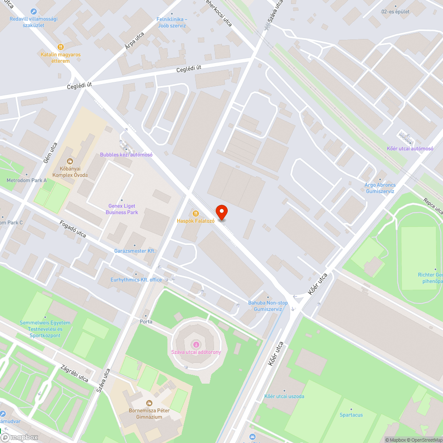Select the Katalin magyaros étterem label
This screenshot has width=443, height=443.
[x=61, y=58]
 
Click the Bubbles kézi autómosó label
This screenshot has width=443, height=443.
[x=126, y=155]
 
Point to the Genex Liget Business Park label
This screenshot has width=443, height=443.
[x=122, y=209]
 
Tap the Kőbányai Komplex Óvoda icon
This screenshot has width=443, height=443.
[x=70, y=161]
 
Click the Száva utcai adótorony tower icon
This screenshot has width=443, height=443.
[x=196, y=344]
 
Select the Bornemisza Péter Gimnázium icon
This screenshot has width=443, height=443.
[x=150, y=403]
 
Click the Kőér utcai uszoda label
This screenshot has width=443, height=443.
[x=284, y=396]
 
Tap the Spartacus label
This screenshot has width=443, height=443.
[x=351, y=415]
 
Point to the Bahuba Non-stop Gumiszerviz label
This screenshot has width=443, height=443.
[x=268, y=306]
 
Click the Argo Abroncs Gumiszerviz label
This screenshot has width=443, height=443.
[x=380, y=188]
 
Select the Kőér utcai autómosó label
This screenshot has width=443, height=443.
[x=410, y=148]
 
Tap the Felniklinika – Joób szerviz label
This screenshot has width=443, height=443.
[x=171, y=23]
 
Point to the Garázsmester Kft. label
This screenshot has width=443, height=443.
[x=135, y=251]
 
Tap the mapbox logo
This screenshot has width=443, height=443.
[x=19, y=437]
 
